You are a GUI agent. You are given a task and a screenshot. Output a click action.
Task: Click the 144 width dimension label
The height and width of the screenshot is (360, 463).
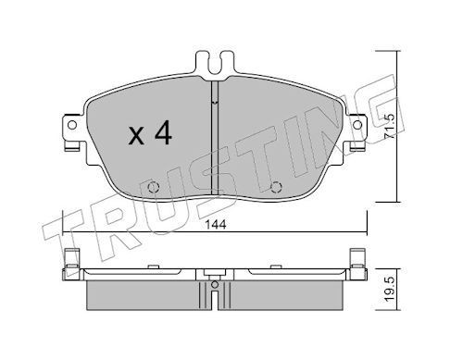tap(216, 225)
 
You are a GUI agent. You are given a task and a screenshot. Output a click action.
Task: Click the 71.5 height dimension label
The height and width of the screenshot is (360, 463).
tap(390, 126)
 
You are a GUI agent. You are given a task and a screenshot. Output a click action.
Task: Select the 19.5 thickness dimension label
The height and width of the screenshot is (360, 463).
tap(390, 289)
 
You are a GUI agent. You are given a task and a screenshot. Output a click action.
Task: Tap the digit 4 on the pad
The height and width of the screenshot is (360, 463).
tap(163, 132)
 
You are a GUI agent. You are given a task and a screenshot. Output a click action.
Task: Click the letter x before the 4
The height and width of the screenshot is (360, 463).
tap(136, 136)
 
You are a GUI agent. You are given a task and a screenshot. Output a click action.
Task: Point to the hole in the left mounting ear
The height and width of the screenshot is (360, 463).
tap(72, 125)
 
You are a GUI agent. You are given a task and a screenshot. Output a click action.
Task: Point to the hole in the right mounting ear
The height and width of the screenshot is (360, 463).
tap(357, 125)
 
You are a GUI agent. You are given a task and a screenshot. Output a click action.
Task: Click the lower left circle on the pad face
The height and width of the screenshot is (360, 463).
tap(153, 187)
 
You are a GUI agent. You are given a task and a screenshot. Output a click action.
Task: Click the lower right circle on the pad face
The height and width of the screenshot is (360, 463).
tap(276, 187)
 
